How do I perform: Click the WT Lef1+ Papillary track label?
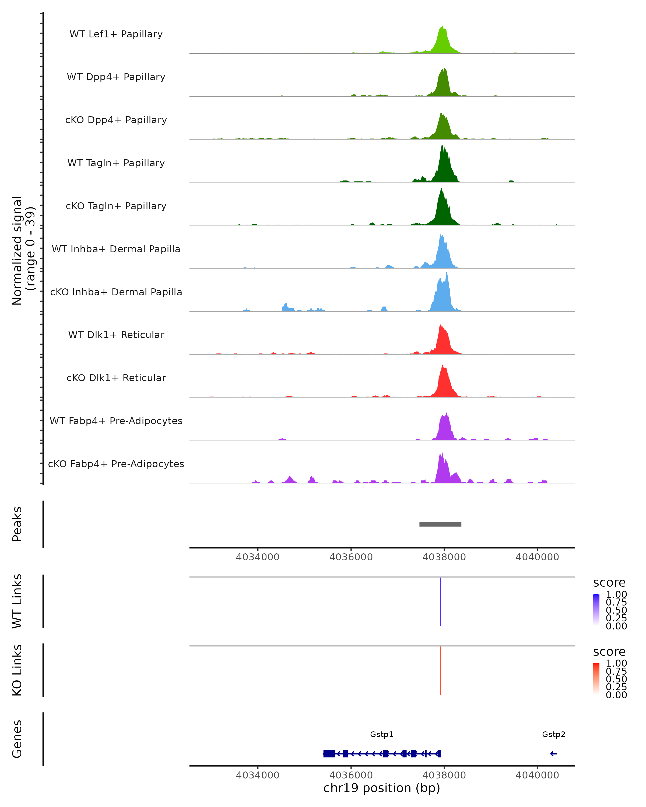click(x=116, y=34)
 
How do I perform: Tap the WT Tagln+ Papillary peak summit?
click(x=442, y=146)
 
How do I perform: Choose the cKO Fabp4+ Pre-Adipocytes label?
click(x=116, y=464)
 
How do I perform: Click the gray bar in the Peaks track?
click(x=440, y=524)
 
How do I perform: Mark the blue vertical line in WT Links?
click(x=440, y=602)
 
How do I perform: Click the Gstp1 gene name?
click(x=382, y=734)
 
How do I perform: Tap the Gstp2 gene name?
click(x=553, y=734)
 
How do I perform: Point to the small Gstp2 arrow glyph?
click(x=553, y=754)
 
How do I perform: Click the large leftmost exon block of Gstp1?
click(x=329, y=754)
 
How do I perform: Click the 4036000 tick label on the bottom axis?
click(x=351, y=775)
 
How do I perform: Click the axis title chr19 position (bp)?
click(x=382, y=788)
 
